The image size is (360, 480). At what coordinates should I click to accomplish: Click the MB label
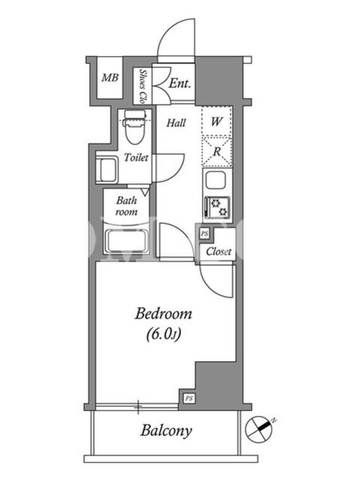coord(110,78)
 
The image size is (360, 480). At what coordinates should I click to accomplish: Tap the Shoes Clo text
coord(142,86)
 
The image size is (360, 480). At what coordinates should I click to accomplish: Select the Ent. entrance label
coord(179,83)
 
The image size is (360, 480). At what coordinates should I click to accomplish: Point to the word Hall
coord(176,123)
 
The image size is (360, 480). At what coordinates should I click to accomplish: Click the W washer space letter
coord(217,122)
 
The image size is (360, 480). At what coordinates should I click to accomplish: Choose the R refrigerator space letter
coord(217,151)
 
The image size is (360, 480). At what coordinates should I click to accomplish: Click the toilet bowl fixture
coord(134,127)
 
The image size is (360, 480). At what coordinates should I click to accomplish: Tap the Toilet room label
coord(136,157)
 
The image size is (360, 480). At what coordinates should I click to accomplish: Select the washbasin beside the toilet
coord(107,170)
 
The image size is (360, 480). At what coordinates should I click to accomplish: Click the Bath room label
coord(127,206)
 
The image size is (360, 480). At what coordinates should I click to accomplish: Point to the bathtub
coord(127,241)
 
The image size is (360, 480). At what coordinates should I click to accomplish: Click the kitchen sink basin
coord(216,181)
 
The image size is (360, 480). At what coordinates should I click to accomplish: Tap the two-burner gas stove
coord(217,207)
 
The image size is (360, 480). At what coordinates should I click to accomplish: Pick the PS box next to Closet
coord(205,234)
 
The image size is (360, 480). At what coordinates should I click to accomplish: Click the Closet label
coord(218,252)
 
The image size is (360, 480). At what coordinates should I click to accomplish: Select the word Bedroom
coord(163,314)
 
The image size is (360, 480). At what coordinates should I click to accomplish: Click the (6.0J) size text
coord(164,335)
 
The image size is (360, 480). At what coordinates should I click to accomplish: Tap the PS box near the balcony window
coord(189,398)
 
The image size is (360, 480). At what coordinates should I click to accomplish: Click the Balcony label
coord(167,431)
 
